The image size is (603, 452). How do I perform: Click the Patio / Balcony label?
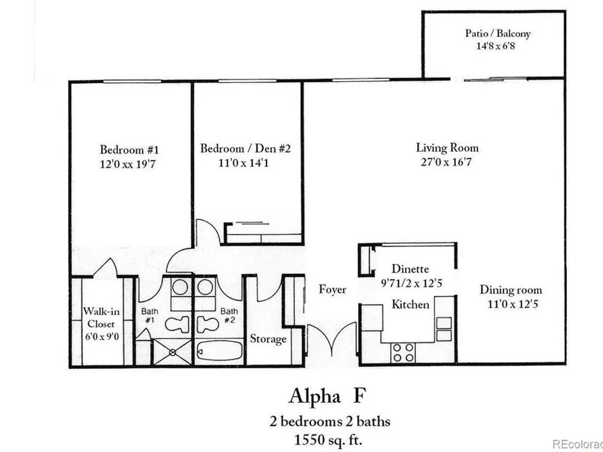pyautogui.click(x=497, y=33)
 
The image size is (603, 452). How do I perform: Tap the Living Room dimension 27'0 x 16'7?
pyautogui.click(x=446, y=162)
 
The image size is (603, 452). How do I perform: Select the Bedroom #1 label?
pyautogui.click(x=129, y=149)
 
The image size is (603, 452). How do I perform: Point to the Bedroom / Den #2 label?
pyautogui.click(x=245, y=148)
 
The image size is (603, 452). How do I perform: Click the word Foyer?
pyautogui.click(x=333, y=289)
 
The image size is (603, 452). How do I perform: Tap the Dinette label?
pyautogui.click(x=410, y=268)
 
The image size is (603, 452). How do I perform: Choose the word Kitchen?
pyautogui.click(x=410, y=304)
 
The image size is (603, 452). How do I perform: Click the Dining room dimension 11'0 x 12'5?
pyautogui.click(x=513, y=304)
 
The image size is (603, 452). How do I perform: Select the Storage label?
pyautogui.click(x=268, y=339)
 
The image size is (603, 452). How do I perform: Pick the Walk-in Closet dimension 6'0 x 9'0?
pyautogui.click(x=102, y=337)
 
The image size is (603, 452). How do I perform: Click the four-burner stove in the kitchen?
pyautogui.click(x=403, y=353)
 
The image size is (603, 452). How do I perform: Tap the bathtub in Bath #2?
pyautogui.click(x=219, y=351)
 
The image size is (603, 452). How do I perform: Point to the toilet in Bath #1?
pyautogui.click(x=177, y=324)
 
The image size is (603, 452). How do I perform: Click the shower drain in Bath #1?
pyautogui.click(x=172, y=352)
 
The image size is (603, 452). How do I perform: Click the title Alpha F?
pyautogui.click(x=326, y=396)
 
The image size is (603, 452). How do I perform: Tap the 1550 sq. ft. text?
pyautogui.click(x=328, y=439)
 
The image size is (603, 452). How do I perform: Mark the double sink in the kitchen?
pyautogui.click(x=444, y=329)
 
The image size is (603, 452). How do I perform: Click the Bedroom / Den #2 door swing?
pyautogui.click(x=208, y=232)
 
